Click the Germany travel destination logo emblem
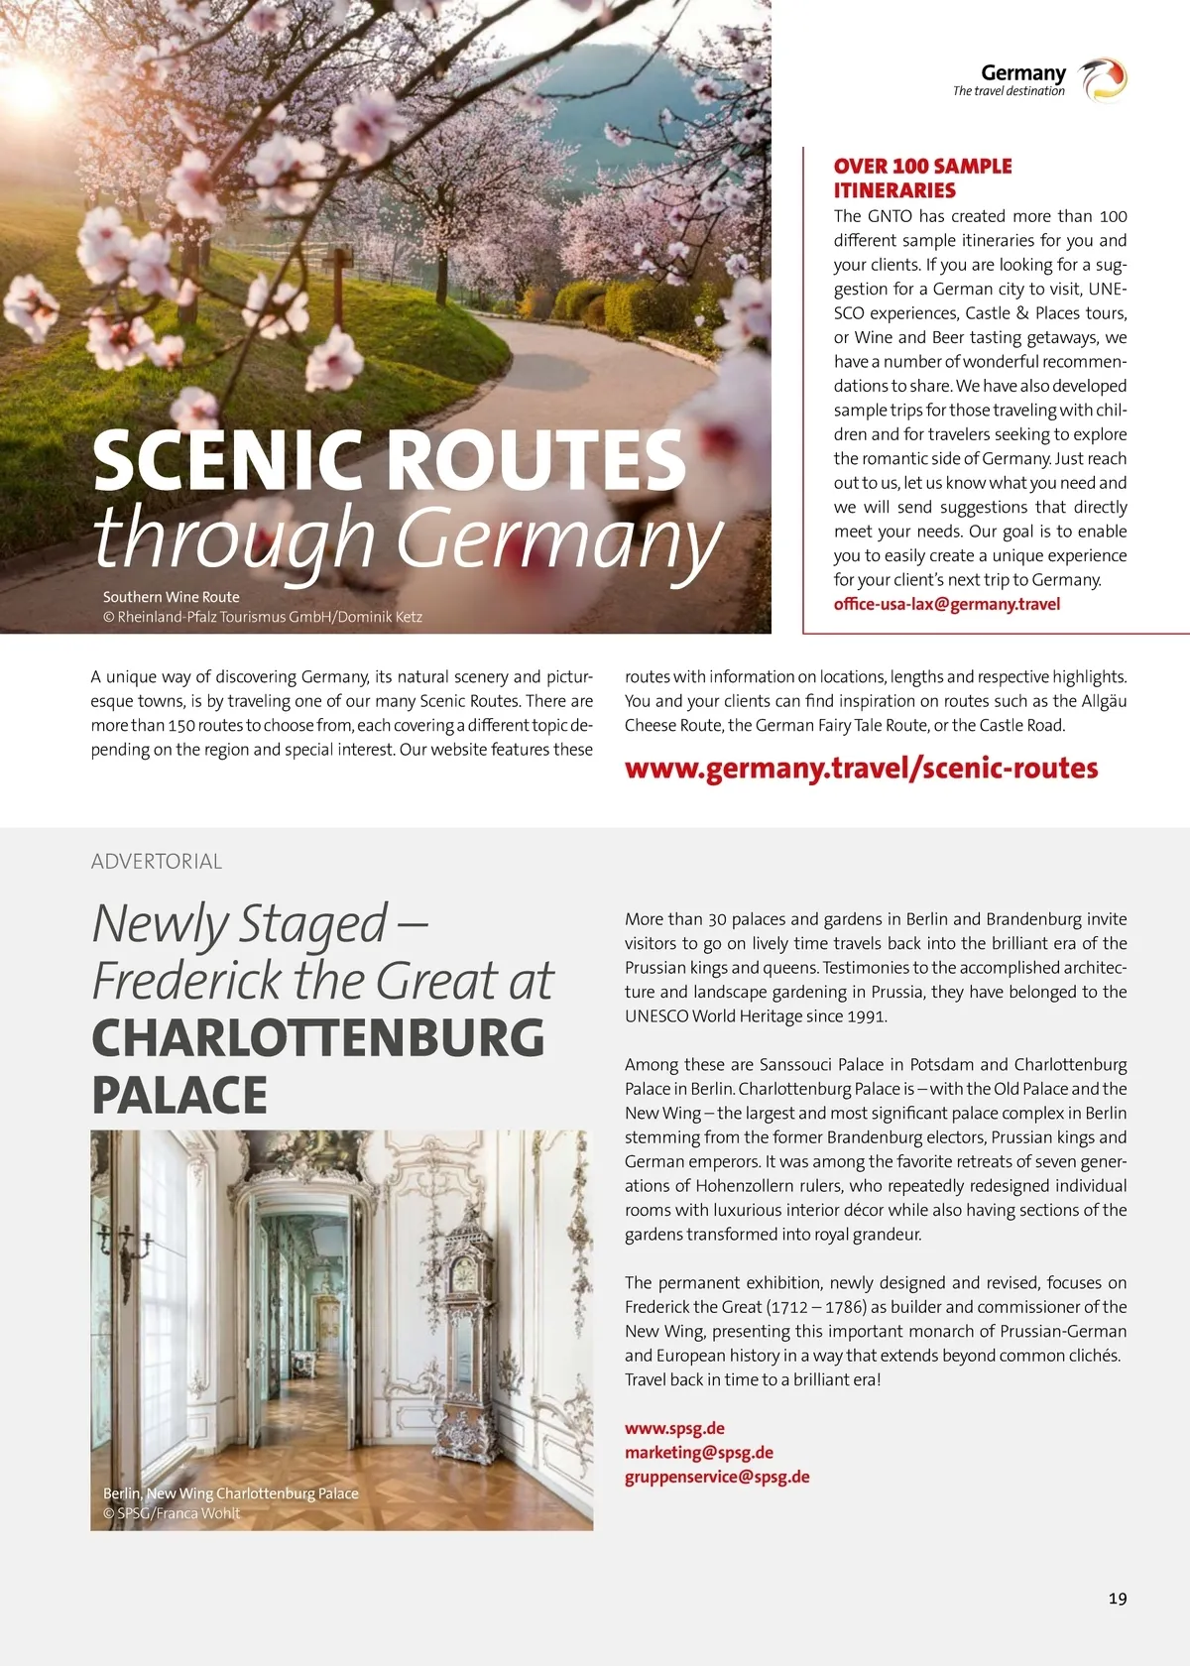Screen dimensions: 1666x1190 [1103, 79]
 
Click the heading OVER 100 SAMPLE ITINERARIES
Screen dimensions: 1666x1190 [922, 178]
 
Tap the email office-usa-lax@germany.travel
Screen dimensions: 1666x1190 [946, 604]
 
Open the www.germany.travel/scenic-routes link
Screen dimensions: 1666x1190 [861, 769]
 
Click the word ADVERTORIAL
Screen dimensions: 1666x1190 [157, 861]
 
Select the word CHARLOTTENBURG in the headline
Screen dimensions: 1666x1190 [318, 1037]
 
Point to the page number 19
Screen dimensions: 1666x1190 [1118, 1598]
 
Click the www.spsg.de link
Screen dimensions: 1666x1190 [674, 1428]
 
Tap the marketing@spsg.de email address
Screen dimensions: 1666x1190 [698, 1452]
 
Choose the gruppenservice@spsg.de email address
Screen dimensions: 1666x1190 [716, 1477]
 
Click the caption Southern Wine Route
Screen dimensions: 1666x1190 [172, 597]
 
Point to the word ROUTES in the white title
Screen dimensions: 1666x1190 [535, 460]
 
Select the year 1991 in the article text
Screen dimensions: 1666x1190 [867, 1015]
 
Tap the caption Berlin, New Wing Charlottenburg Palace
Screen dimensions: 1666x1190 [231, 1493]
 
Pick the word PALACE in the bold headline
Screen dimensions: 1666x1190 [179, 1095]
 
